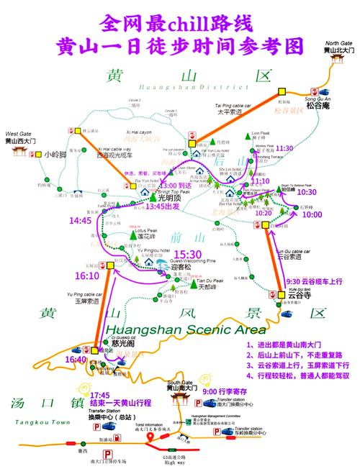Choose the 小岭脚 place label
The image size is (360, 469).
click(55, 154)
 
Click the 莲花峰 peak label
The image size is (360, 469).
click(135, 236)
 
